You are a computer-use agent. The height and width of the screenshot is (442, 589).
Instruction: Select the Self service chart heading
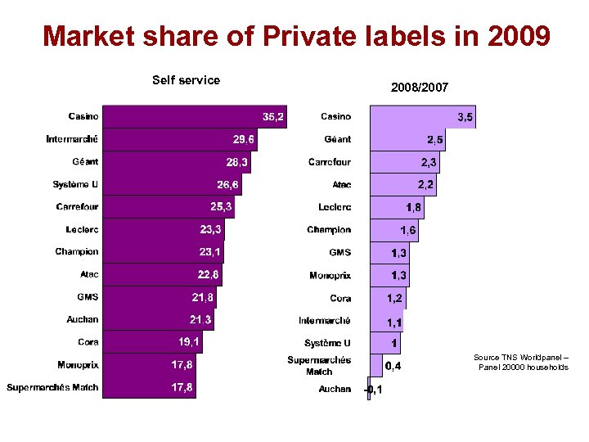pyautogui.click(x=186, y=80)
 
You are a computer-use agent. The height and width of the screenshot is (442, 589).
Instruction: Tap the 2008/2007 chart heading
pyautogui.click(x=419, y=87)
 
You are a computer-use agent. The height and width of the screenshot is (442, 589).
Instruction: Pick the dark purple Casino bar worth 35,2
pyautogui.click(x=188, y=117)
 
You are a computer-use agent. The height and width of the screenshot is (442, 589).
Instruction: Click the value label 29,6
pyautogui.click(x=243, y=140)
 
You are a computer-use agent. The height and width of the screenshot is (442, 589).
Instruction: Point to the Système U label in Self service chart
pyautogui.click(x=75, y=184)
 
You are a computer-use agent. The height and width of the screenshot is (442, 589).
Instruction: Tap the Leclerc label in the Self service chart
pyautogui.click(x=82, y=229)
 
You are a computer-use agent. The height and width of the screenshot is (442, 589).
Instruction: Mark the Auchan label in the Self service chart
pyautogui.click(x=83, y=319)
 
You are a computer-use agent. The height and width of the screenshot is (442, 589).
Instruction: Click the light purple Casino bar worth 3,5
pyautogui.click(x=413, y=118)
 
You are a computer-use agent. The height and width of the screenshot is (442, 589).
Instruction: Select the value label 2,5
pyautogui.click(x=434, y=141)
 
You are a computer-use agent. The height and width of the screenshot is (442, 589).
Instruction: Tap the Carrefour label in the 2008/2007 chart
pyautogui.click(x=330, y=162)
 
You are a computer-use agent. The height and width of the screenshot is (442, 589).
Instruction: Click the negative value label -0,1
pyautogui.click(x=373, y=390)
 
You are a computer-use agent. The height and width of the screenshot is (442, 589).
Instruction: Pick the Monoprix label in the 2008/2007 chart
pyautogui.click(x=330, y=275)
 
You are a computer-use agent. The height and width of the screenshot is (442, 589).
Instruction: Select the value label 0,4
pyautogui.click(x=393, y=366)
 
